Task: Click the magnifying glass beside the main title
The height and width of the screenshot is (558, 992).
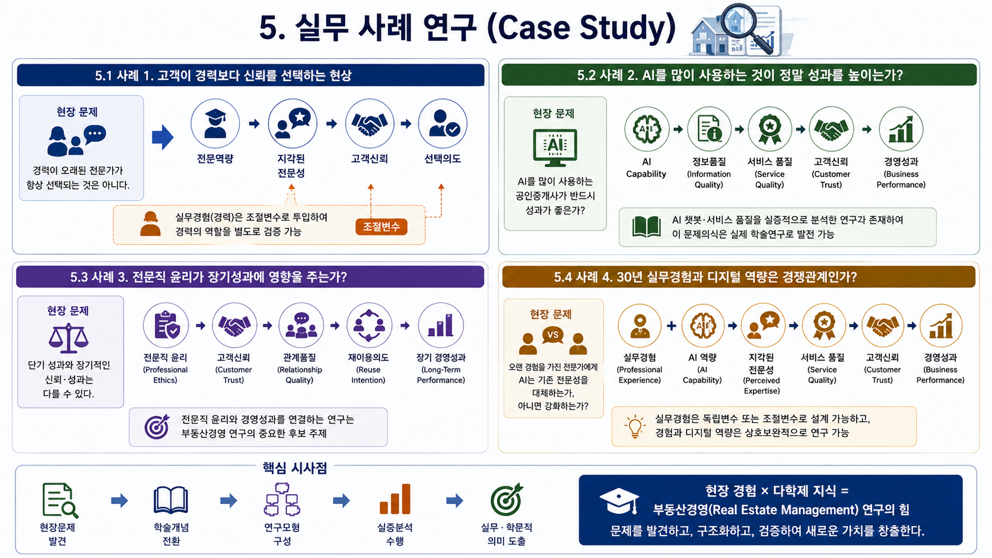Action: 745,27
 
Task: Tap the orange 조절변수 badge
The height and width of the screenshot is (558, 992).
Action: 381,227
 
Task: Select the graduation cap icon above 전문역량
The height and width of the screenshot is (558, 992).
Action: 215,123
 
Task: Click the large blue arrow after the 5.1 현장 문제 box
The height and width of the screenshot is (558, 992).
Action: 163,137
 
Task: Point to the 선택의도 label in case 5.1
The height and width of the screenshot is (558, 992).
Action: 443,158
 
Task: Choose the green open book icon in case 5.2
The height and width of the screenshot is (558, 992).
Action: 647,227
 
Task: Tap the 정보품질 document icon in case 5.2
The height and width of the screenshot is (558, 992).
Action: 709,129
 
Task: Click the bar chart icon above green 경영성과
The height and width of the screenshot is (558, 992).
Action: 901,129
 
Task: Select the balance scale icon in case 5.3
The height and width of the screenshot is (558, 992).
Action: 68,337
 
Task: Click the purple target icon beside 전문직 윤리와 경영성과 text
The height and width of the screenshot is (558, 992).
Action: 157,426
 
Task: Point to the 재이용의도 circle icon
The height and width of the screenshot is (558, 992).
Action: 369,326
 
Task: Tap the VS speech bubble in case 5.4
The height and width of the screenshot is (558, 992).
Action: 553,335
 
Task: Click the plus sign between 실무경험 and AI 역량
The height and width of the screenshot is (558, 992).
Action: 672,326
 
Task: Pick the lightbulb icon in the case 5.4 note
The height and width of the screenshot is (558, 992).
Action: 635,426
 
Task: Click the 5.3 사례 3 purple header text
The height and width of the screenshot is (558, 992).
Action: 209,277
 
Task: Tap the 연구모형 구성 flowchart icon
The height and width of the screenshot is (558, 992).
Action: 282,499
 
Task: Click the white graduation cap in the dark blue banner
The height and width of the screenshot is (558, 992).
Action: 619,501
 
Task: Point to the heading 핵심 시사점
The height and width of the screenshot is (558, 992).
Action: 295,468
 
